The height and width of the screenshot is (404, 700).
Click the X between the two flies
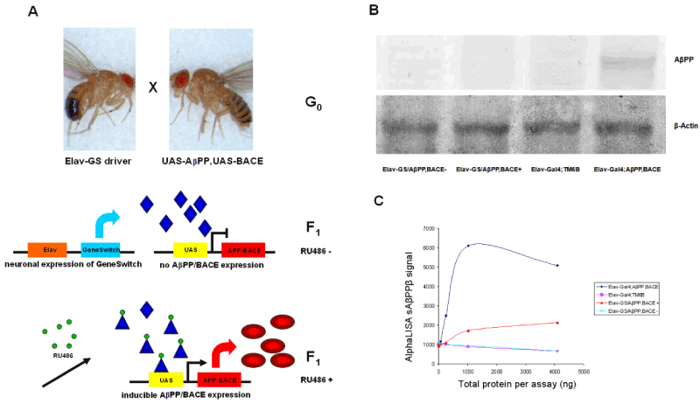(151, 90)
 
